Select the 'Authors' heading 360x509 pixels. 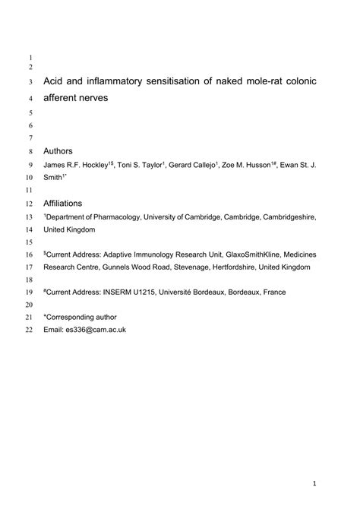point(58,150)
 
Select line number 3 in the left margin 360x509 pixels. point(31,81)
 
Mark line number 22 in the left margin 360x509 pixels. point(29,330)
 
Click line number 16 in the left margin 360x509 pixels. point(29,254)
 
